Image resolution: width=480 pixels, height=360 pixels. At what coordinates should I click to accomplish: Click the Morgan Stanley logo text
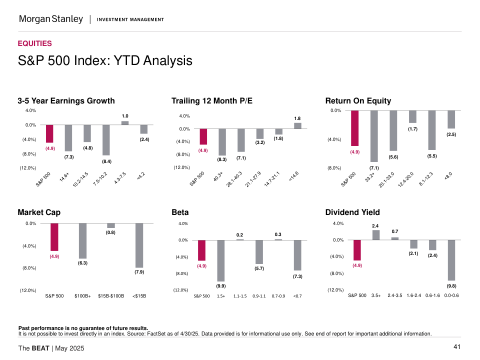(x=51, y=19)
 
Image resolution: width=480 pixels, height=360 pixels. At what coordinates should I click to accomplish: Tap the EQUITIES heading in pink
(x=34, y=43)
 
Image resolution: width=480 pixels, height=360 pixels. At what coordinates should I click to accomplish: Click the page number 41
(x=457, y=347)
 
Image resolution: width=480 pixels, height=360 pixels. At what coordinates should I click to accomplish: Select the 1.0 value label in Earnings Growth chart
(x=125, y=116)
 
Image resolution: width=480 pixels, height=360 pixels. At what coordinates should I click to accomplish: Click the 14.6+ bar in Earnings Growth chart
(x=68, y=138)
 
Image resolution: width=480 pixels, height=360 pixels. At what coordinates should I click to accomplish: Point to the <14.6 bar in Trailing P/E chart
(x=297, y=125)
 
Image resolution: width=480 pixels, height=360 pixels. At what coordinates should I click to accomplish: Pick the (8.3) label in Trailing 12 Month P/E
(x=222, y=159)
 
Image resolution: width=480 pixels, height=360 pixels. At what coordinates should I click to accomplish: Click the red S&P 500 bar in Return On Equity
(x=354, y=128)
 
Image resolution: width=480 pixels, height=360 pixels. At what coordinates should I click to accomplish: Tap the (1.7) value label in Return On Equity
(x=412, y=129)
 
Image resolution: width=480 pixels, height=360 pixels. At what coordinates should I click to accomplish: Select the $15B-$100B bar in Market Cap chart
(x=111, y=225)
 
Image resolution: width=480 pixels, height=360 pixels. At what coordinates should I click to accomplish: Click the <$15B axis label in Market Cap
(x=139, y=296)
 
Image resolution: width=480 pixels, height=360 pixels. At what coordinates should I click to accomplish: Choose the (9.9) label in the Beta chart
(x=220, y=286)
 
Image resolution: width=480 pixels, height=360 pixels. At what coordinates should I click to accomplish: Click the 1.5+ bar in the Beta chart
(x=220, y=260)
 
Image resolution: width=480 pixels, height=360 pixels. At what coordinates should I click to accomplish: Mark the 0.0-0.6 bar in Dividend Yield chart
(x=451, y=260)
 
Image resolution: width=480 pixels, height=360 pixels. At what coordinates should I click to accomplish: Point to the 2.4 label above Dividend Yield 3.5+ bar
(x=375, y=226)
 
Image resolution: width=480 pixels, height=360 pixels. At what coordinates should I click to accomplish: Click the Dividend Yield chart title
(x=352, y=212)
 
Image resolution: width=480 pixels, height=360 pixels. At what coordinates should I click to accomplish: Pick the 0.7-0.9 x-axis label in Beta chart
(x=278, y=296)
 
